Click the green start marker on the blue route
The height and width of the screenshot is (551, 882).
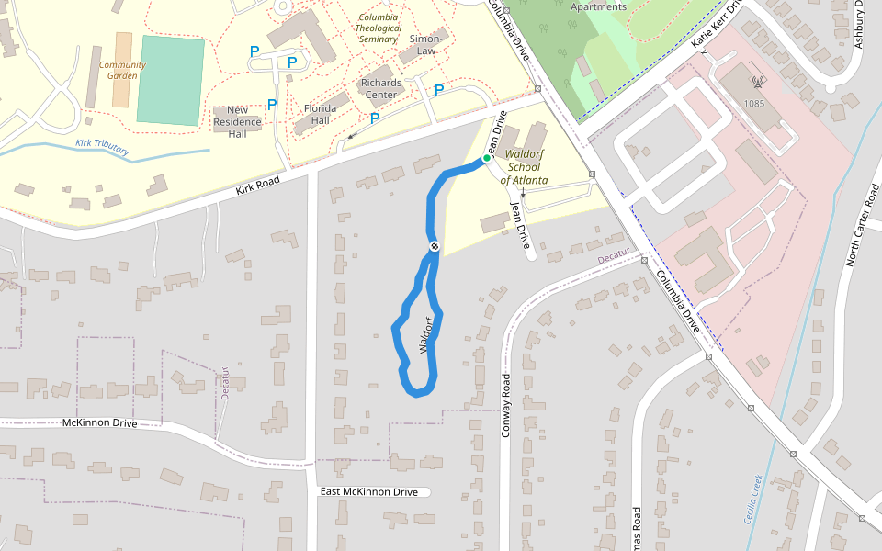[x=487, y=159]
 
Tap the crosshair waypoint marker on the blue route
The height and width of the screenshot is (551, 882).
[x=434, y=246]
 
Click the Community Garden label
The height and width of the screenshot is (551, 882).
[x=122, y=70]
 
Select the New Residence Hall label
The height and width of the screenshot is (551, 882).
[x=237, y=121]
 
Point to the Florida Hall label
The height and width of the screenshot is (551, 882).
[x=320, y=114]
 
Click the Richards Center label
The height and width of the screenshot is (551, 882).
[x=381, y=88]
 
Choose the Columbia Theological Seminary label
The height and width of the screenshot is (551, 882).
[x=379, y=28]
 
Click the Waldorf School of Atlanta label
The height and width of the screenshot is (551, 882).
[x=525, y=167]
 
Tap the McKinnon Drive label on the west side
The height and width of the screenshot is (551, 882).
[x=99, y=423]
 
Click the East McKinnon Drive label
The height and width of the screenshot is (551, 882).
[x=368, y=492]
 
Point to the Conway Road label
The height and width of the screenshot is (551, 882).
[x=505, y=404]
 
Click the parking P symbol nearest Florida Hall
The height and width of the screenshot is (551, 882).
[x=272, y=105]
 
